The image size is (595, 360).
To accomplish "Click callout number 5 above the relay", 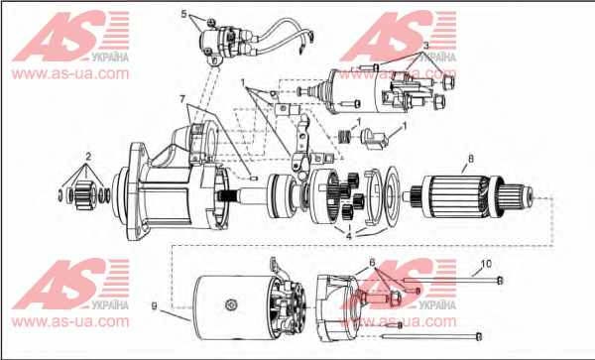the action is pos(184,15).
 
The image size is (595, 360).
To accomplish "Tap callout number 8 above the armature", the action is pos(471,159).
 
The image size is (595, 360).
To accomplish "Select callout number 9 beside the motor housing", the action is pos(154,306).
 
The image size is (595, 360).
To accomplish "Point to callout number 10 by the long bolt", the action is pos(486,263).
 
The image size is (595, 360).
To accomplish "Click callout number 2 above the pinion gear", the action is pos(88,157).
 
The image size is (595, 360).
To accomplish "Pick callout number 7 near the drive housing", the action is pos(182,99).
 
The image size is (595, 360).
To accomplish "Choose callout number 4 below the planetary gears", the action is pos(349,236).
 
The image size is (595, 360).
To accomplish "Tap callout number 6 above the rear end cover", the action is pos(372,262).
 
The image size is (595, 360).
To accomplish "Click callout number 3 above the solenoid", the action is pos(426,46).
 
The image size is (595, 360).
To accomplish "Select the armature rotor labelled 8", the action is pos(470,198).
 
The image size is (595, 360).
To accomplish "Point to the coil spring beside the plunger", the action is pos(344,136).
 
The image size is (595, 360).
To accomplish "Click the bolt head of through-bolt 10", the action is pos(500,281).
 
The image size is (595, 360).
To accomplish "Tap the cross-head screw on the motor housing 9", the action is pos(231,304).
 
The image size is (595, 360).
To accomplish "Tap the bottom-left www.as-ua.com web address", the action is pos(70,321).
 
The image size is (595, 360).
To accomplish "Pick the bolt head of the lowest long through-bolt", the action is pos(479,336).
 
